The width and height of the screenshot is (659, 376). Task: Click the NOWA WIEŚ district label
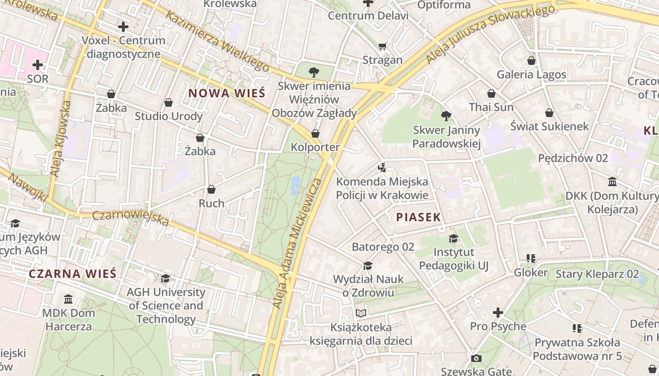click(x=227, y=93)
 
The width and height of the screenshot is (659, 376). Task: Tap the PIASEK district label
click(x=418, y=217)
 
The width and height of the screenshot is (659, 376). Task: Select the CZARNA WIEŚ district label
click(x=72, y=274)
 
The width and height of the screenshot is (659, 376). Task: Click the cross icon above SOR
click(x=38, y=65)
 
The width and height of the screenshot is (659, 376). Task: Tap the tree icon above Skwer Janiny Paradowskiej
click(x=446, y=116)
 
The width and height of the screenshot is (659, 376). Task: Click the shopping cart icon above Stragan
click(x=382, y=46)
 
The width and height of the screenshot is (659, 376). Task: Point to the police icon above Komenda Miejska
click(x=382, y=167)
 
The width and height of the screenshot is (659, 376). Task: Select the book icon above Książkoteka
click(x=361, y=313)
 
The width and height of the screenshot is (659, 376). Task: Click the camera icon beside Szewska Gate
click(x=476, y=359)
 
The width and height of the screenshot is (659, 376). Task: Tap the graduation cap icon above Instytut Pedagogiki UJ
click(x=453, y=238)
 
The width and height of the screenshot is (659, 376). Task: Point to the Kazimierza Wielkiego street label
click(x=217, y=41)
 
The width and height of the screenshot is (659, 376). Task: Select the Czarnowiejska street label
click(x=130, y=218)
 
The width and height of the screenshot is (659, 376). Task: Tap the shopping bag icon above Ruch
click(x=211, y=189)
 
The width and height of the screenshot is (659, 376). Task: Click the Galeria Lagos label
click(x=531, y=75)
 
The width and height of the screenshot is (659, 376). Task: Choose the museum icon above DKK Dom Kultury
click(x=612, y=181)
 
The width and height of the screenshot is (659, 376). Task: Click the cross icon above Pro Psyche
click(x=498, y=312)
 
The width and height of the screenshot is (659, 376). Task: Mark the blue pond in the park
click(x=295, y=185)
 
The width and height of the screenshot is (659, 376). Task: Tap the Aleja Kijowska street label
click(x=60, y=139)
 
